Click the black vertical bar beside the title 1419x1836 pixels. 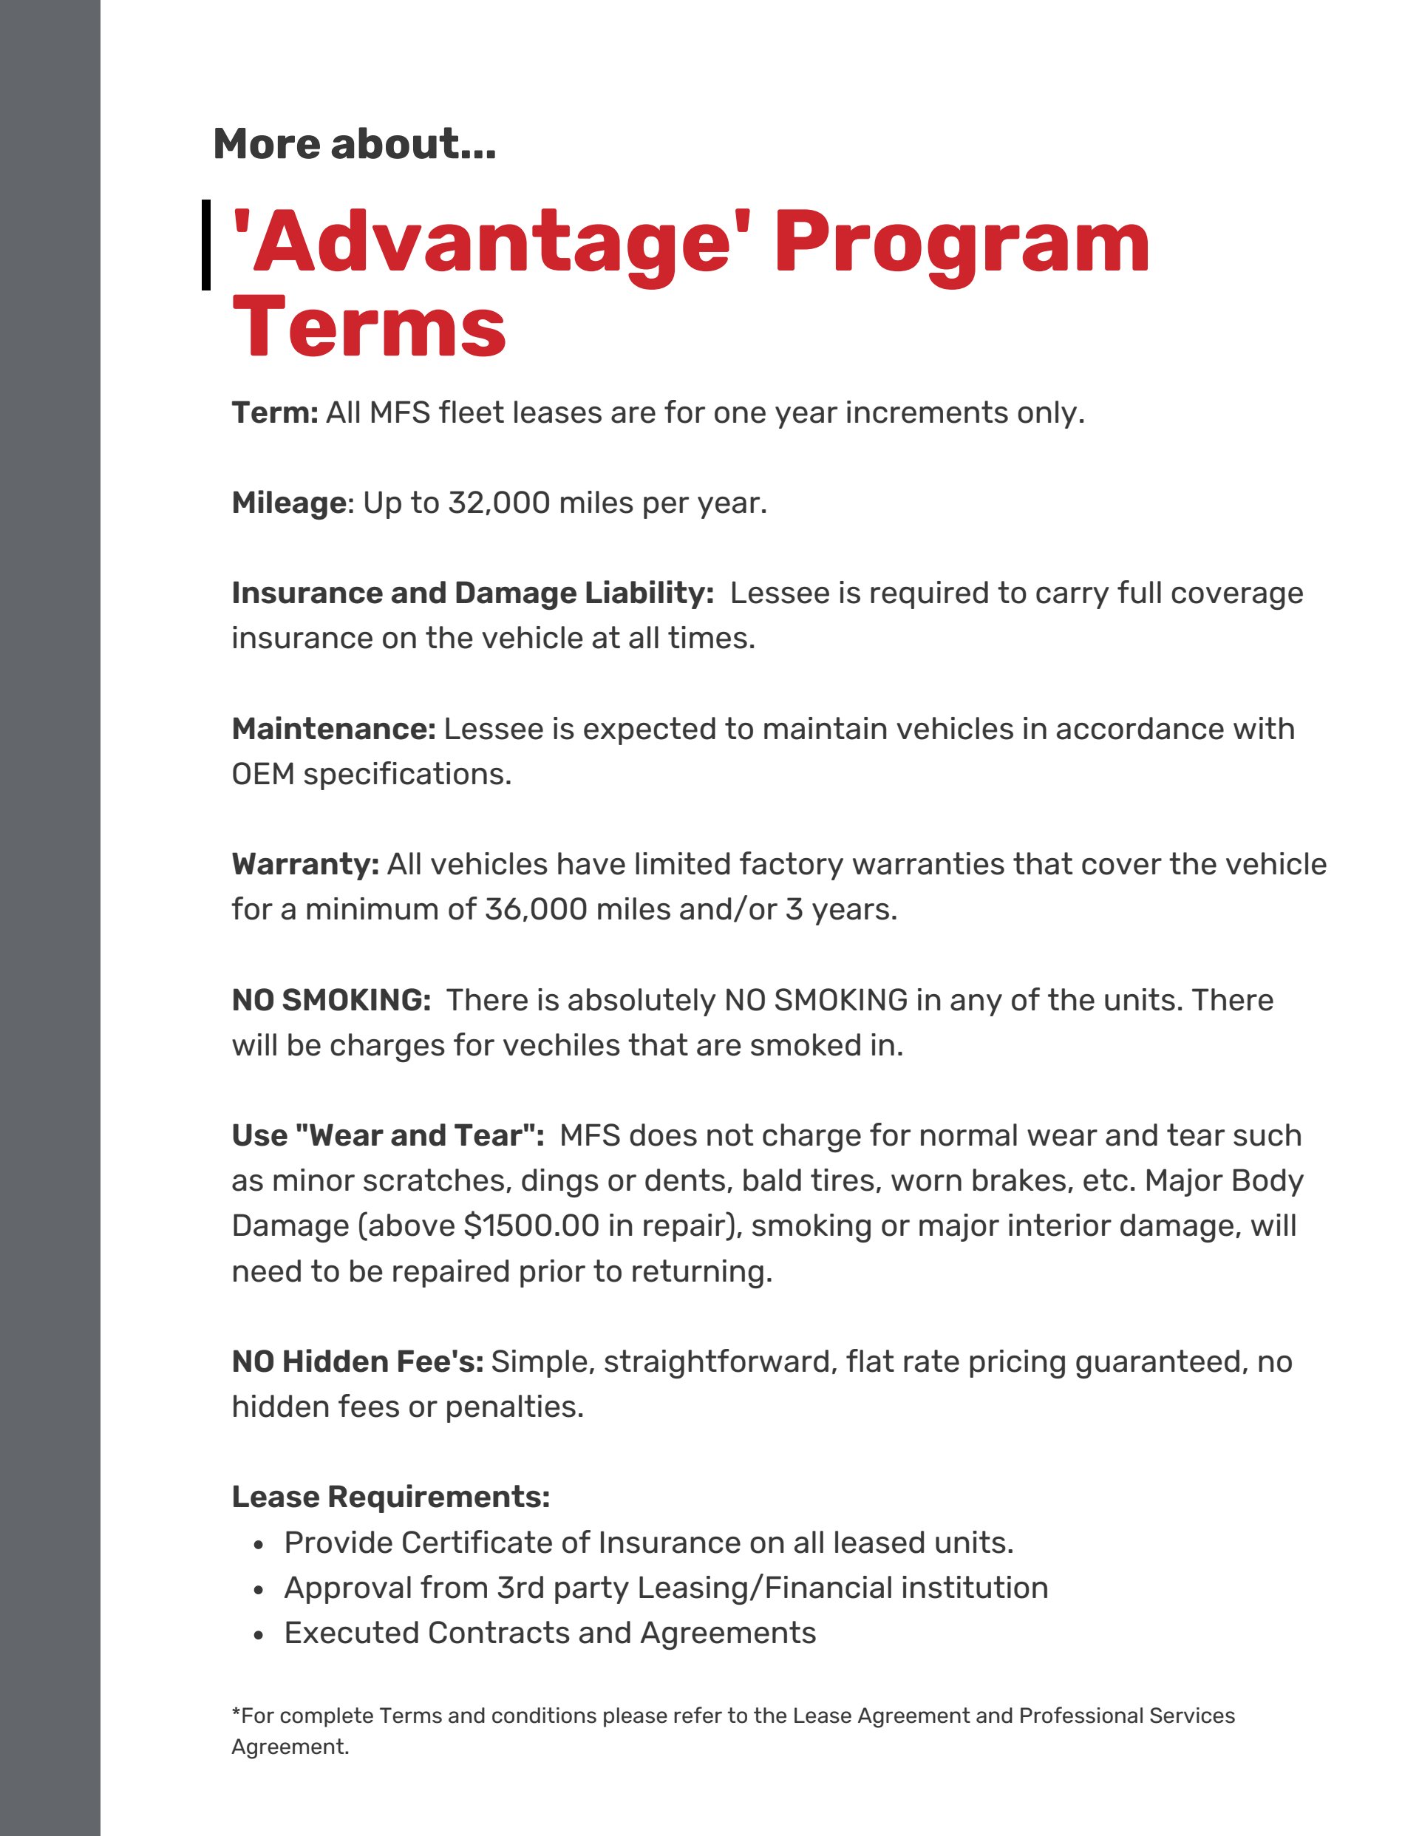(206, 245)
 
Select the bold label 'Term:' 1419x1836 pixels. (275, 412)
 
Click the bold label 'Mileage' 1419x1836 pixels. (288, 503)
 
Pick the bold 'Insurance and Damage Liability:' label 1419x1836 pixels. (472, 593)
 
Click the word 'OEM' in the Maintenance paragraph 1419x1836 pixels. (262, 773)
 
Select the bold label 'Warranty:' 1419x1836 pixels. (305, 864)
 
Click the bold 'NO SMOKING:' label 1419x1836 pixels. (331, 999)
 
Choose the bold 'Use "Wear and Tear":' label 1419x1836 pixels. (387, 1136)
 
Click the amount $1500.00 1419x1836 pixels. (531, 1225)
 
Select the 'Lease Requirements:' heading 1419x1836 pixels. (390, 1497)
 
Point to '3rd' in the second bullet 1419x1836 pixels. (520, 1588)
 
